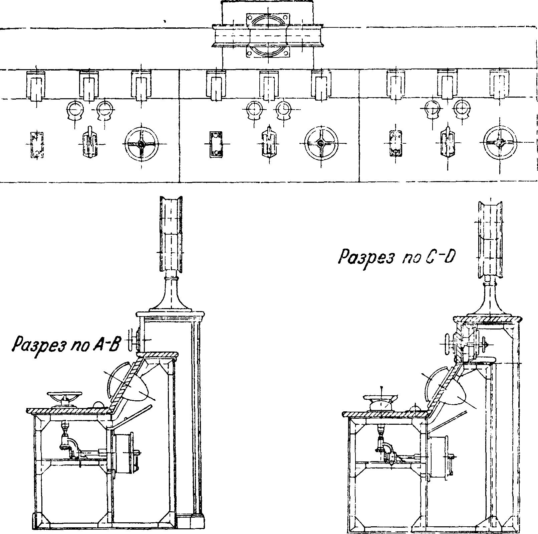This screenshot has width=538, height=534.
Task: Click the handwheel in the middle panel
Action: coord(321,143)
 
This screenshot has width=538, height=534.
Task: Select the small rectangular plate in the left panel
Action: coord(36,144)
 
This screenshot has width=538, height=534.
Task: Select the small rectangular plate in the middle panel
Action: coord(216,144)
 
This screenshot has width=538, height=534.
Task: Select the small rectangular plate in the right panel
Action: coord(396,143)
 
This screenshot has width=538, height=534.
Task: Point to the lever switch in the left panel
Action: coord(89,144)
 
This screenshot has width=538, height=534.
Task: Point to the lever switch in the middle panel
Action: coord(269,144)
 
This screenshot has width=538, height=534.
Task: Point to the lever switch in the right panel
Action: coord(448,143)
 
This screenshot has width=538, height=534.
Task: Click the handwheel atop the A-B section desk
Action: coord(65,397)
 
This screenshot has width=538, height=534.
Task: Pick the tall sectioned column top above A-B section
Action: coord(171,234)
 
